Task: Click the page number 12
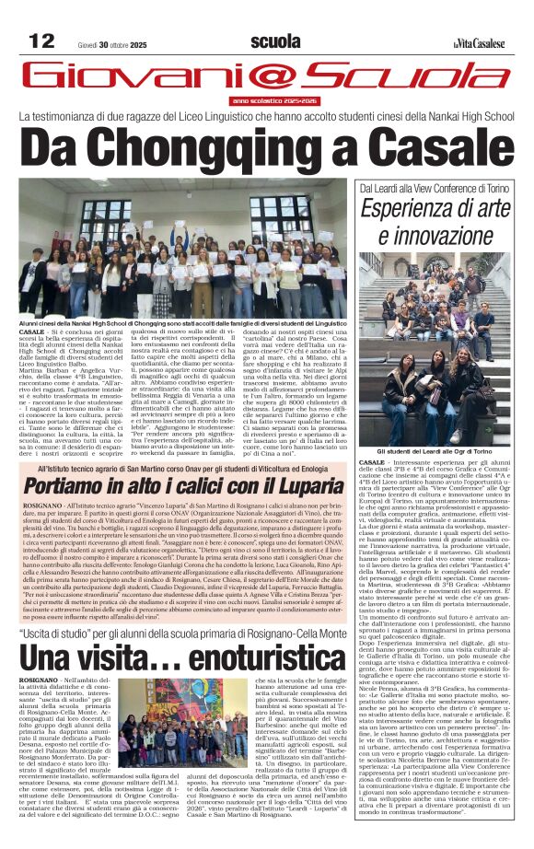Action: (42, 41)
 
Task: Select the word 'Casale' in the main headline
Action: (444, 147)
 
